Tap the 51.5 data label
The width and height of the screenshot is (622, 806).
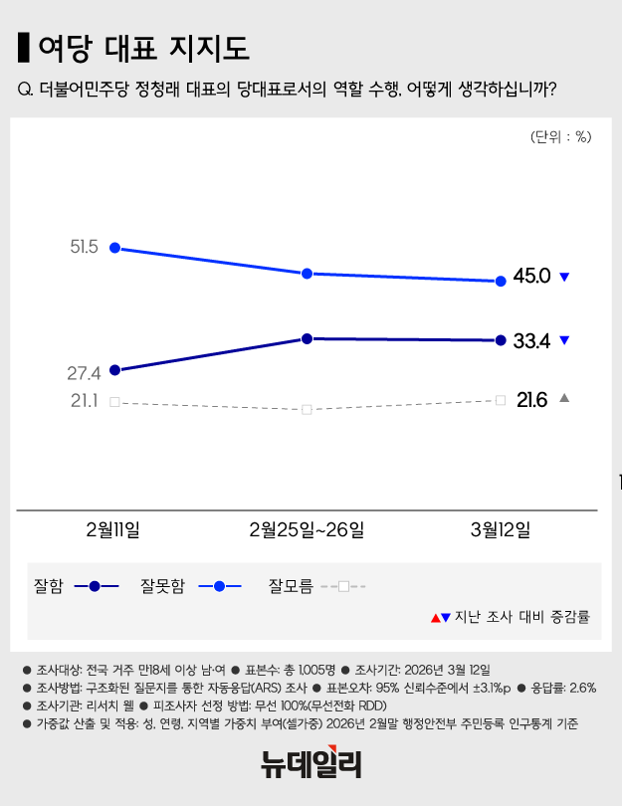(x=84, y=246)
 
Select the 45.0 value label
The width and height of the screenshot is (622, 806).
(x=531, y=277)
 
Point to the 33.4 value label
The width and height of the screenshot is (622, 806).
(x=531, y=341)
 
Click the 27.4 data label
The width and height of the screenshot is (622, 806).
(x=84, y=374)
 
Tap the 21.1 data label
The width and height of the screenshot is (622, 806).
(x=84, y=401)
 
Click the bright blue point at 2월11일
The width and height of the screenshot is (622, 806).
(x=114, y=248)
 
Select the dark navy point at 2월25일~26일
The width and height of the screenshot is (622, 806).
(x=307, y=338)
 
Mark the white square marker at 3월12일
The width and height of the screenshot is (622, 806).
(x=501, y=400)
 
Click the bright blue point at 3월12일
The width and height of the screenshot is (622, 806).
(x=501, y=282)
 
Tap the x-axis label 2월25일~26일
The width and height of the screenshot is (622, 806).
(x=307, y=528)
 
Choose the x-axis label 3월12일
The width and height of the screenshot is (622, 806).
(x=501, y=528)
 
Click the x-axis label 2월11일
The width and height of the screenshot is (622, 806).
(x=113, y=528)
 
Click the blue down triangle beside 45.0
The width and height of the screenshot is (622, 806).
(x=564, y=277)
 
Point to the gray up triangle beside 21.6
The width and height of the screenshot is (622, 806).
(x=564, y=398)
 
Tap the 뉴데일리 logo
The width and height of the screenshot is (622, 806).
(x=311, y=764)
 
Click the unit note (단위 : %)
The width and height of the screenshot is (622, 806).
(x=560, y=138)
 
